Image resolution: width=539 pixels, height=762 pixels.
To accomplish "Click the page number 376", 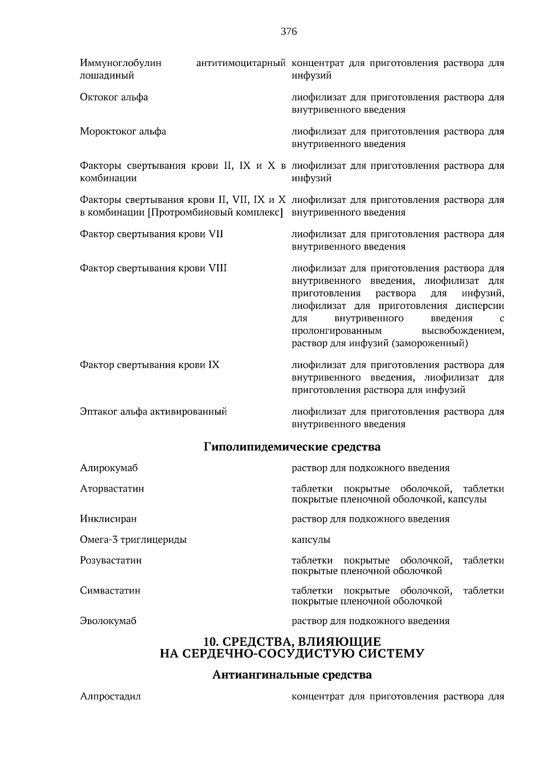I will click(289, 31).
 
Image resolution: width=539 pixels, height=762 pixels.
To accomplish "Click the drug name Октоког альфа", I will click(114, 97).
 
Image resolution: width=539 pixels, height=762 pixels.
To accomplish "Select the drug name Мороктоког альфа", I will click(123, 132).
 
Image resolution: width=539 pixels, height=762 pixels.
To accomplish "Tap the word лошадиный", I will click(107, 75).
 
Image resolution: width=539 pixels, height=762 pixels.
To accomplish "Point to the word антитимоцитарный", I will click(241, 63).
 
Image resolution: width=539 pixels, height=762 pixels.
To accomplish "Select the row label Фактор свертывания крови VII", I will click(151, 234).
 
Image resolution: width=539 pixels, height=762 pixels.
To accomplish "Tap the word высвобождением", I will click(463, 331).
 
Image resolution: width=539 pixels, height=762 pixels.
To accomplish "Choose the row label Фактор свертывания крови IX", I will click(150, 365).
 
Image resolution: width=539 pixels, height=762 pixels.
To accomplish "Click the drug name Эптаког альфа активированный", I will click(153, 411).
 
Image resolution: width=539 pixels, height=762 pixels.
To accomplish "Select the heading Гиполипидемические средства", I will click(292, 447).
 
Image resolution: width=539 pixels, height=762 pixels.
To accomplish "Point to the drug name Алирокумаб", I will click(109, 468).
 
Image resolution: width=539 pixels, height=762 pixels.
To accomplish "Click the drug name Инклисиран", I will click(108, 519).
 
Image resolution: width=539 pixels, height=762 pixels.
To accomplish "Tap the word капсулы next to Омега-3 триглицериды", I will click(311, 540).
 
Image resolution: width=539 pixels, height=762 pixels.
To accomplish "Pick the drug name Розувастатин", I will click(110, 560).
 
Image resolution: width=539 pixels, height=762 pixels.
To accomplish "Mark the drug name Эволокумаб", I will click(108, 621).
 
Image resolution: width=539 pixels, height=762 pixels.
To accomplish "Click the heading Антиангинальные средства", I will click(292, 675).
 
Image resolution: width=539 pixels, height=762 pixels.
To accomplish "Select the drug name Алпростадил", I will click(110, 696).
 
